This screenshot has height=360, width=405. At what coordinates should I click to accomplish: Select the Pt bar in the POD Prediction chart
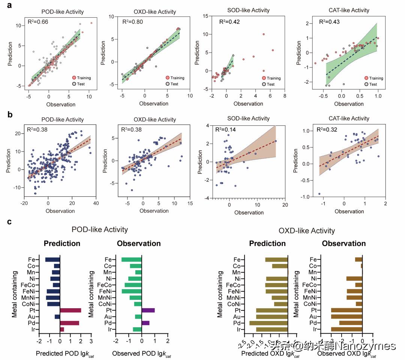click(x=70, y=310)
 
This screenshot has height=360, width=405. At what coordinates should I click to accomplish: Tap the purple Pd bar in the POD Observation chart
click(x=145, y=323)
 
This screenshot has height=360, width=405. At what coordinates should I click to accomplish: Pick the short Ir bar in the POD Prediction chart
click(x=62, y=329)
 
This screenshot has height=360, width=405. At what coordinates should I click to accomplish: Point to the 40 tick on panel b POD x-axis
click(x=96, y=203)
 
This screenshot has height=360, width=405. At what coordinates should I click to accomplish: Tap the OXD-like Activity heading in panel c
click(x=307, y=231)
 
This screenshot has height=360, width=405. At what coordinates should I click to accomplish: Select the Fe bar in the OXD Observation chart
click(x=358, y=259)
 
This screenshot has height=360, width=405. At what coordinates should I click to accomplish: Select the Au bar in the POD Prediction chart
click(x=57, y=316)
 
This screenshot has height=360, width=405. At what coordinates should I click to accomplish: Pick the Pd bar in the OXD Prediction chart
click(x=268, y=323)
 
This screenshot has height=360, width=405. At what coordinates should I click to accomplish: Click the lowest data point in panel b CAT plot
click(x=319, y=194)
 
